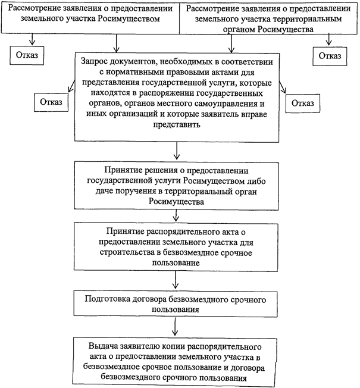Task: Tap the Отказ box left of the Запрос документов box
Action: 51,102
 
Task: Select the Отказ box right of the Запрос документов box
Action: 303,103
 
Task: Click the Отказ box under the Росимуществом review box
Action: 27,55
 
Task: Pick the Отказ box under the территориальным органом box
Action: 330,56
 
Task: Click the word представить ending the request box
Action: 177,124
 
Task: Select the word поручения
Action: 136,192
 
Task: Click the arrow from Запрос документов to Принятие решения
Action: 176,151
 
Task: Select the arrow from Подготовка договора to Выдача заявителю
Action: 175,326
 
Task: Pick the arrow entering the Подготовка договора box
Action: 176,280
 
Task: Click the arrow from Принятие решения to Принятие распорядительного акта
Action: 176,215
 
